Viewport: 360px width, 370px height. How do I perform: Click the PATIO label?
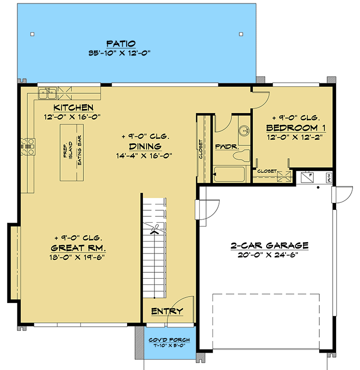pos(121,43)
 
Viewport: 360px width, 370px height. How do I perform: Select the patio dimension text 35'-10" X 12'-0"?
pos(121,52)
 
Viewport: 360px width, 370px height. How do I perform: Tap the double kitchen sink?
pos(48,92)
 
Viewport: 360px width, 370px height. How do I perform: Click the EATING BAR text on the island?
pos(79,153)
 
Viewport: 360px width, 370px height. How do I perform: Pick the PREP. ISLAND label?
pos(68,153)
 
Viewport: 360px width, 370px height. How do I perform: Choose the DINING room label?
pos(145,146)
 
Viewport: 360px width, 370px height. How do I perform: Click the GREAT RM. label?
pos(78,248)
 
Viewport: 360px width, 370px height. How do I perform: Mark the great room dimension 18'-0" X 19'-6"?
pos(78,257)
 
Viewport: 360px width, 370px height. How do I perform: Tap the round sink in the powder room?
pos(243,131)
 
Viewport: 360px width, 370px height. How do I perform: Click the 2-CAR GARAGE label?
pos(270,246)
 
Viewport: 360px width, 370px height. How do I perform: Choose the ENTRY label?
pos(167,311)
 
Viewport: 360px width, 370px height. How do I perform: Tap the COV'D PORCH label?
pos(166,340)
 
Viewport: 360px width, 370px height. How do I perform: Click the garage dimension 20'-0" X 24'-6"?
pos(270,255)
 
